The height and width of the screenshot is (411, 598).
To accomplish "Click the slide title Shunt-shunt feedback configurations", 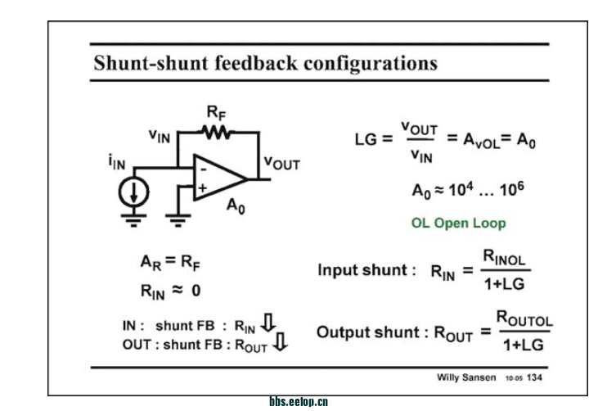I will (265, 62).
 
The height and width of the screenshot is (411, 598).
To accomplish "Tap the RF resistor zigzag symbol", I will (216, 132).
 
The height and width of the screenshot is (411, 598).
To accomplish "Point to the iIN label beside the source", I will (115, 164).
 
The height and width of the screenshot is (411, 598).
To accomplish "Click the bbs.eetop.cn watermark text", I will (298, 402).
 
